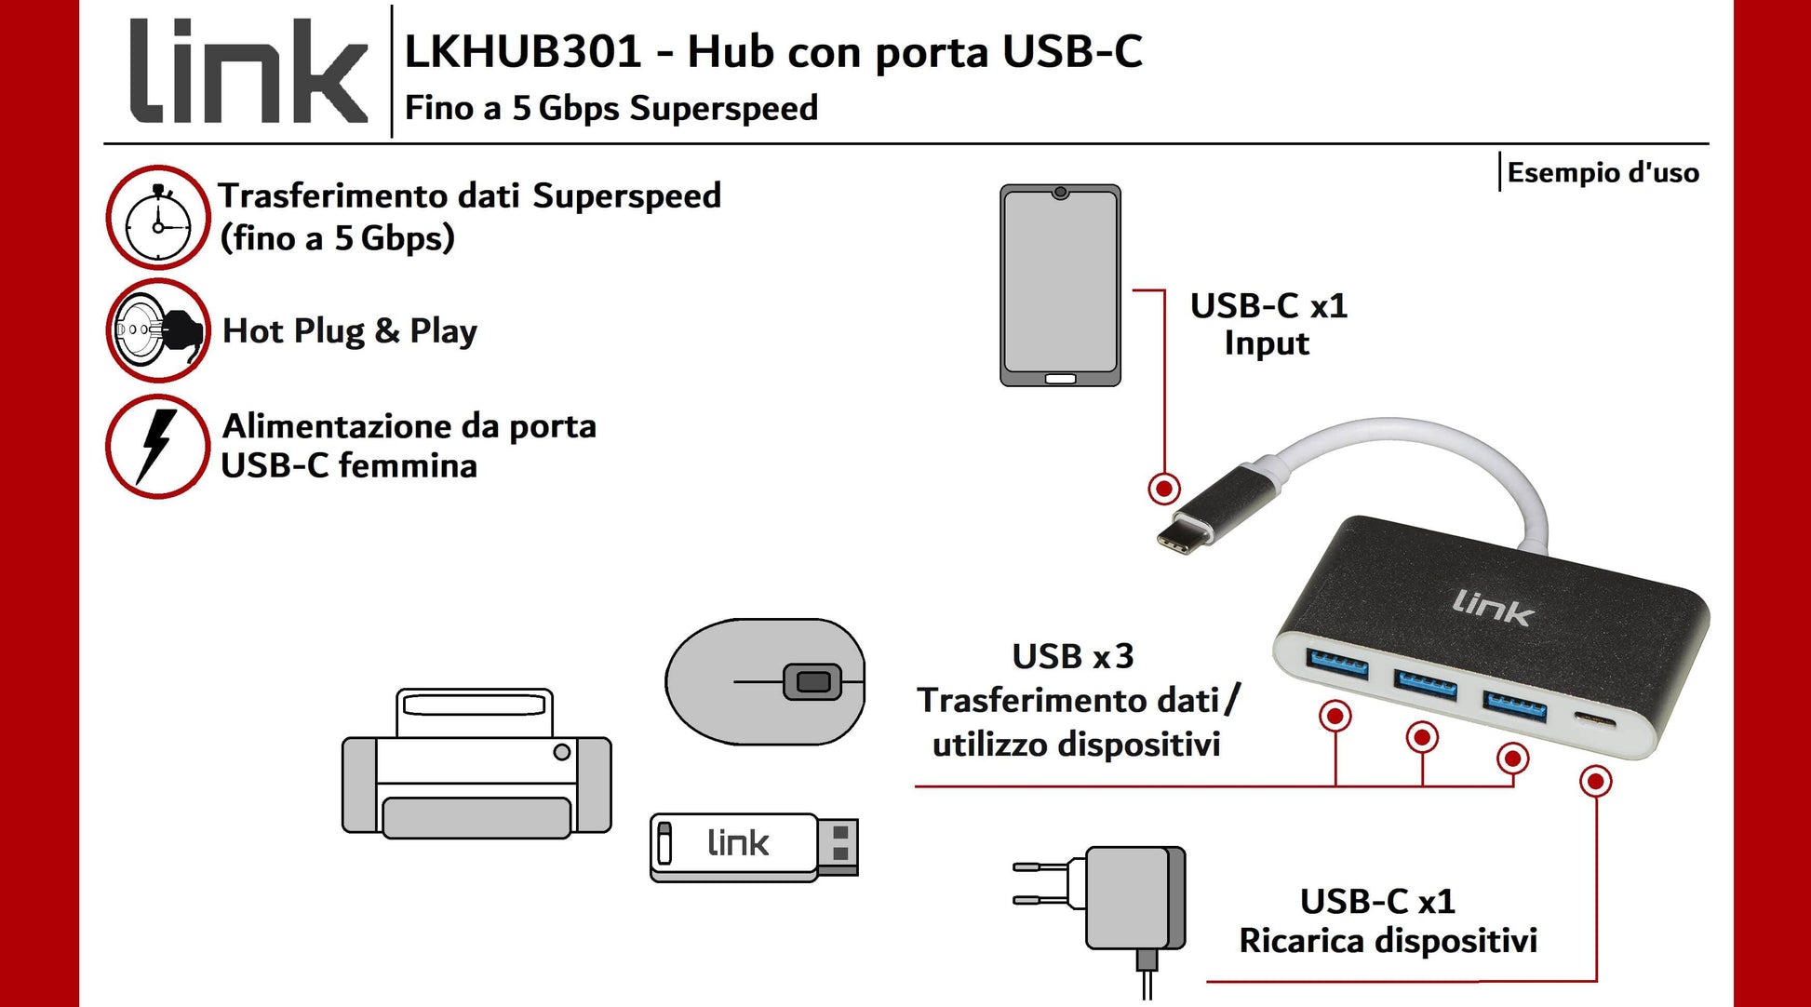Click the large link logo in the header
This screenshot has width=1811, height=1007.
point(248,72)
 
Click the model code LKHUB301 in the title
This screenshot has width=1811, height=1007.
point(523,51)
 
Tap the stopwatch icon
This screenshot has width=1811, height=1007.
point(157,218)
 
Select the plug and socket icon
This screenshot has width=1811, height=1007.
point(158,330)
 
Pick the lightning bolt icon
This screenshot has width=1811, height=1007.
point(157,446)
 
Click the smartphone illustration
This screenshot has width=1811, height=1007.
point(1060,285)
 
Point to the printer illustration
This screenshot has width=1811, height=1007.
point(476,764)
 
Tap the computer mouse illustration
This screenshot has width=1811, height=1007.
point(765,681)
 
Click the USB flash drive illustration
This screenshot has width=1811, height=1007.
point(754,847)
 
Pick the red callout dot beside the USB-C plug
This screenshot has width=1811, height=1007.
point(1163,488)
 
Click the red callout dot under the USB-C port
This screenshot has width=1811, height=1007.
point(1596,781)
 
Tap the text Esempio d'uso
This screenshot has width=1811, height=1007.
point(1603,173)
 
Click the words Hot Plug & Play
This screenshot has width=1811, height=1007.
point(350,331)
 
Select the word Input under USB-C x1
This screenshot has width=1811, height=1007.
point(1267,343)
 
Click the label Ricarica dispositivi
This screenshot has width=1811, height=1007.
point(1388,941)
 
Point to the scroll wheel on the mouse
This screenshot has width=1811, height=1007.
point(812,682)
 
